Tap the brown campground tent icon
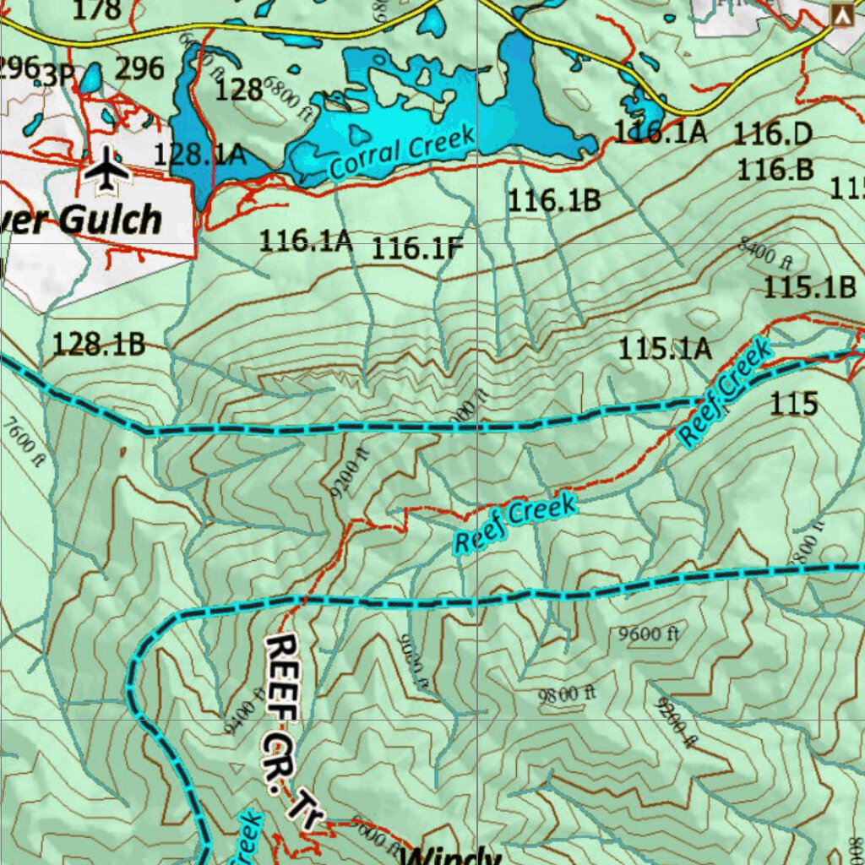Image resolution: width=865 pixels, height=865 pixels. pyautogui.click(x=841, y=14)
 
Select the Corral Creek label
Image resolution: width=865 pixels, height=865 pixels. pyautogui.click(x=402, y=153)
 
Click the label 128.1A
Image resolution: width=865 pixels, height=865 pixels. pyautogui.click(x=199, y=154)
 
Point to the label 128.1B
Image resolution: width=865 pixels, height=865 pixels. pyautogui.click(x=99, y=344)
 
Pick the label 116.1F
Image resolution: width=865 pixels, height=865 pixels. pyautogui.click(x=418, y=248)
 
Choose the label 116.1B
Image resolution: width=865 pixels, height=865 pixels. pyautogui.click(x=553, y=200)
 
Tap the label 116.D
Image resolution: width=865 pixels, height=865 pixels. pyautogui.click(x=771, y=133)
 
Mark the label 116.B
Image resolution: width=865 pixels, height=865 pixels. pyautogui.click(x=775, y=169)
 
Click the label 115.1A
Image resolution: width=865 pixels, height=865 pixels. pyautogui.click(x=665, y=348)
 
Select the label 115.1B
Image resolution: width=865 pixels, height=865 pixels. pyautogui.click(x=809, y=287)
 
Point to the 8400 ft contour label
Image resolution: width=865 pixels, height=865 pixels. pyautogui.click(x=765, y=251)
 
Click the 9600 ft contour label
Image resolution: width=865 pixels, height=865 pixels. pyautogui.click(x=649, y=634)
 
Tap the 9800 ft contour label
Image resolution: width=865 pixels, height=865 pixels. pyautogui.click(x=568, y=694)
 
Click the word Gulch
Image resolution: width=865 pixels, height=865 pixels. pyautogui.click(x=110, y=220)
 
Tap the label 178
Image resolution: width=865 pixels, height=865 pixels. pyautogui.click(x=97, y=10)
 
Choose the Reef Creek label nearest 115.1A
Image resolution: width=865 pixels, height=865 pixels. pyautogui.click(x=725, y=393)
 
